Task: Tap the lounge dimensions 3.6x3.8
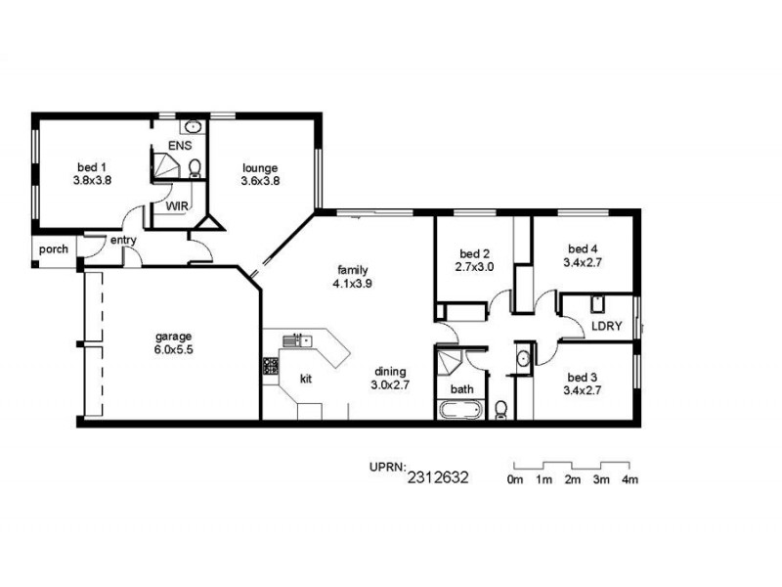pyautogui.click(x=260, y=180)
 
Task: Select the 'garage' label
pyautogui.click(x=172, y=335)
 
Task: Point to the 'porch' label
pyautogui.click(x=53, y=249)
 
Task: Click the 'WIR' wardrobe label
pyautogui.click(x=176, y=206)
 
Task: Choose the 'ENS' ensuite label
pyautogui.click(x=179, y=146)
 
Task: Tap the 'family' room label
pyautogui.click(x=352, y=269)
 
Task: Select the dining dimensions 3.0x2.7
pyautogui.click(x=389, y=385)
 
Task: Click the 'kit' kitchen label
pyautogui.click(x=305, y=378)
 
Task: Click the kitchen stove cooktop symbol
pyautogui.click(x=270, y=367)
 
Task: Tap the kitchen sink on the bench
pyautogui.click(x=296, y=340)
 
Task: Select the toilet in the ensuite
pyautogui.click(x=195, y=167)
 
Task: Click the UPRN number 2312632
pyautogui.click(x=439, y=478)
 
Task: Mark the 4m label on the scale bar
pyautogui.click(x=630, y=479)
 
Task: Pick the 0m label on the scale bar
pyautogui.click(x=515, y=479)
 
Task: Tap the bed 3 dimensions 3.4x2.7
pyautogui.click(x=581, y=391)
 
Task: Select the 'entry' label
pyautogui.click(x=123, y=240)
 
